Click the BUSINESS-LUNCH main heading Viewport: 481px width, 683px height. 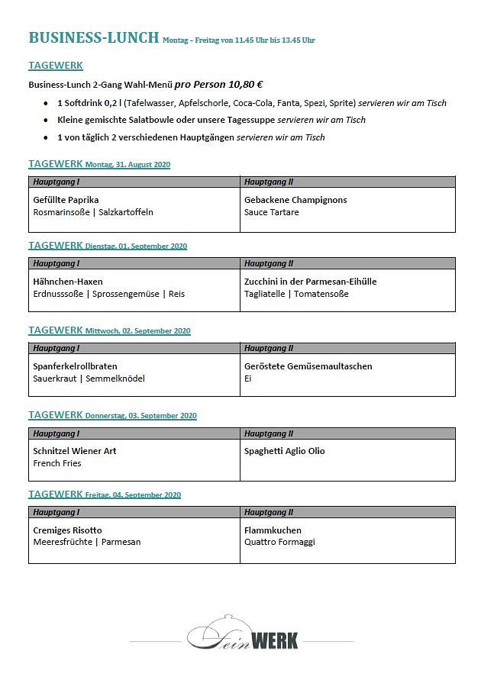coord(93,37)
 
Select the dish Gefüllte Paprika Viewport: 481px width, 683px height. coord(66,200)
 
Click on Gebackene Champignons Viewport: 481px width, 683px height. coord(295,200)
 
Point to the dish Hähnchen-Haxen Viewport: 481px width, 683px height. coord(68,282)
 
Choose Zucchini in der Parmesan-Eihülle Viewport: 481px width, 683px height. coord(310,282)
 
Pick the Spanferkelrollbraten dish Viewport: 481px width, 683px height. coord(75,366)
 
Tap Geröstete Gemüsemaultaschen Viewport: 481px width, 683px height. coord(308,366)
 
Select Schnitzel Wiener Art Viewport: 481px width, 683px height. coord(75,451)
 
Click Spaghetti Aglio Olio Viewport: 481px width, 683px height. coord(284,451)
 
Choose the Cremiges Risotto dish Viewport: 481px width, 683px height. coord(67,530)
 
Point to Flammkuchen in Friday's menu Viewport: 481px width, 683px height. coord(273,530)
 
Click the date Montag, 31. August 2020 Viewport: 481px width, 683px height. coord(128,165)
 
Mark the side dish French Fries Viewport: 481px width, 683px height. coord(57,463)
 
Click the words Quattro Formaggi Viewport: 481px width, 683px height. coord(279,543)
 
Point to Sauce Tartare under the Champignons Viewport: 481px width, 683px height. coord(271,212)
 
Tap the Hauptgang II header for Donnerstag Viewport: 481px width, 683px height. coord(269,433)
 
